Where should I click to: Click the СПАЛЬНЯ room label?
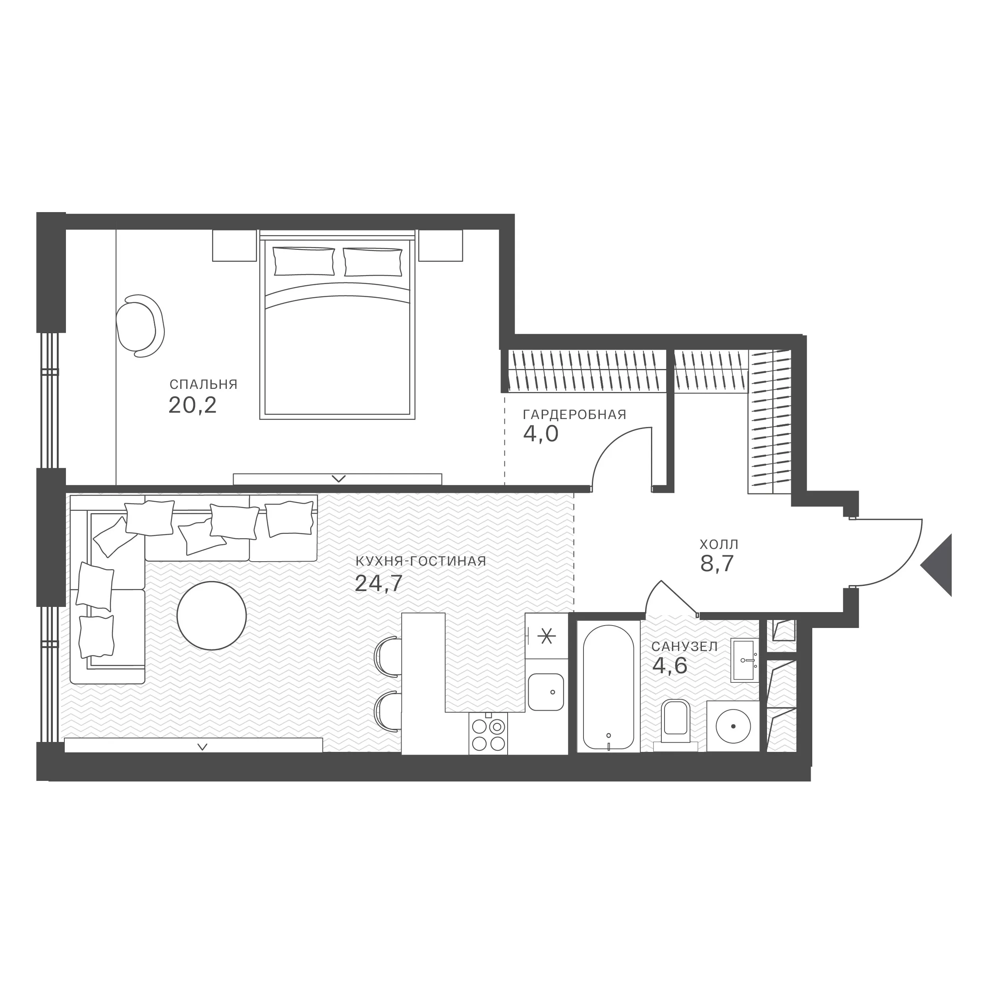tap(203, 384)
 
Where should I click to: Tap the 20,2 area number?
tap(193, 406)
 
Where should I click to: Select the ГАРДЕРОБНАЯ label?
tap(575, 415)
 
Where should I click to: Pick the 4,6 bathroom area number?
tap(670, 666)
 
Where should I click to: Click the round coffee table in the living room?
tap(211, 615)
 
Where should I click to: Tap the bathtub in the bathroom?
tap(609, 688)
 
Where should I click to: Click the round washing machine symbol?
tap(733, 726)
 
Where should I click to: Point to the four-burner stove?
tap(488, 734)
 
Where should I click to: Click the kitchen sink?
tap(546, 692)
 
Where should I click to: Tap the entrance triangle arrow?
tap(937, 565)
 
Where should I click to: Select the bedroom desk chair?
tap(140, 325)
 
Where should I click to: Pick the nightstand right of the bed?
tap(440, 246)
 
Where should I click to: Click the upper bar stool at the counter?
tap(388, 654)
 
